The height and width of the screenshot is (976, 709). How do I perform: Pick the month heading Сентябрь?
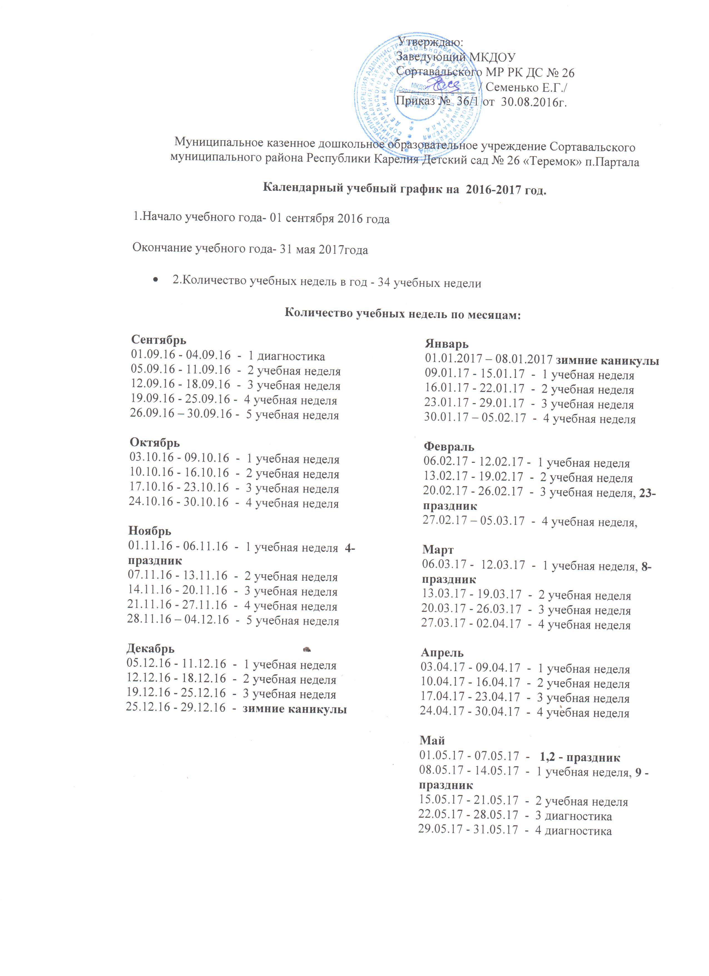click(159, 340)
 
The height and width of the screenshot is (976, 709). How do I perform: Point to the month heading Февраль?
click(449, 447)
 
